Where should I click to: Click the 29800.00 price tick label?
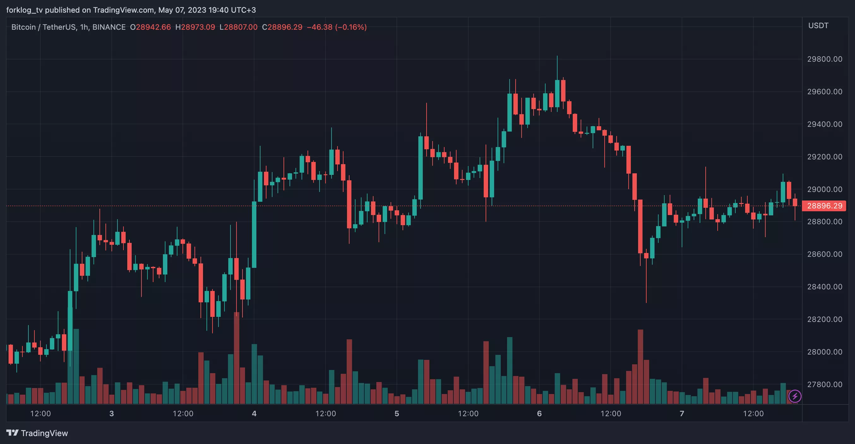(x=824, y=59)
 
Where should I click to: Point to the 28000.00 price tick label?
(x=824, y=352)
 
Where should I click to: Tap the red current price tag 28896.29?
(x=824, y=206)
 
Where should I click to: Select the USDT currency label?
(x=818, y=26)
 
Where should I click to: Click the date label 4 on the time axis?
(x=254, y=413)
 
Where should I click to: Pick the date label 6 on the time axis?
(x=539, y=413)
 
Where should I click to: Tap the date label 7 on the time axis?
(x=682, y=413)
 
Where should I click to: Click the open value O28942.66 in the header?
(x=150, y=27)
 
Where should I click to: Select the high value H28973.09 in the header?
(x=195, y=27)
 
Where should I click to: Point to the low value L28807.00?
(x=238, y=27)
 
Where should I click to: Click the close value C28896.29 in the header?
(x=282, y=27)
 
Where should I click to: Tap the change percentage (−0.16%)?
(x=351, y=27)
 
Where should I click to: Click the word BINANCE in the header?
(x=109, y=27)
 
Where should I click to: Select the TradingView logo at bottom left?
(x=37, y=433)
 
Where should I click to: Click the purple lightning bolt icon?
(x=795, y=396)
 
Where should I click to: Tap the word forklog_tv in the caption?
(x=24, y=10)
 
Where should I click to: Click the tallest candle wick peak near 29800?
(x=557, y=57)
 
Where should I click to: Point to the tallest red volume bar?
(x=237, y=357)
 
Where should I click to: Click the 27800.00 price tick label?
(x=824, y=385)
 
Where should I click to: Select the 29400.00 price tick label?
(x=824, y=124)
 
